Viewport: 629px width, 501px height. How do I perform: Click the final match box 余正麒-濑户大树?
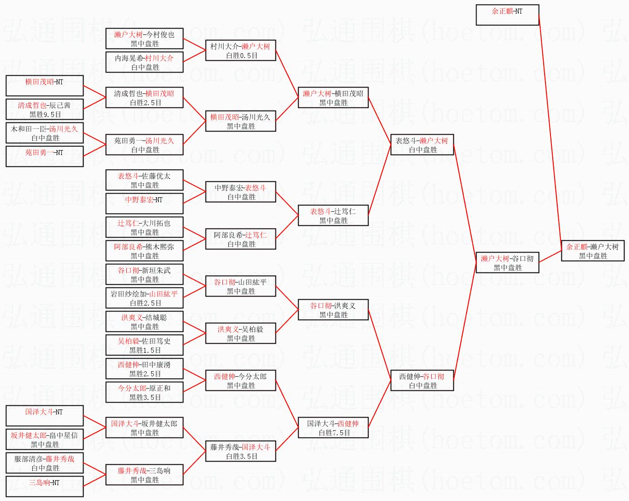[x=593, y=251]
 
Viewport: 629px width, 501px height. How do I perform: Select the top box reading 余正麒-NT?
[x=507, y=15]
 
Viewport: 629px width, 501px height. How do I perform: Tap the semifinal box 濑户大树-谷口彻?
[x=507, y=263]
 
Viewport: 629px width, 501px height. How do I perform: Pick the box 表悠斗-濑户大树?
[x=422, y=145]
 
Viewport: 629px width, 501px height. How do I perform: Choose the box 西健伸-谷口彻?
[x=422, y=380]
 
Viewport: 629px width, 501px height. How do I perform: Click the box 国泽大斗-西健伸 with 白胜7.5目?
[x=333, y=428]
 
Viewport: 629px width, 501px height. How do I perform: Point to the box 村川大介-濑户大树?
[x=241, y=50]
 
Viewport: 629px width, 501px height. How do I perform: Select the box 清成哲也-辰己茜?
[x=45, y=109]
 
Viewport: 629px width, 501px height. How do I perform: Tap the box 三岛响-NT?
[x=45, y=486]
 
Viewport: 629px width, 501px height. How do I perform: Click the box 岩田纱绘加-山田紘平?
[x=144, y=298]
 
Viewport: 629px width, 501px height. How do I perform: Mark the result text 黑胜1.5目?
[x=145, y=350]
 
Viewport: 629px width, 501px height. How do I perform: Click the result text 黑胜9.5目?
[x=45, y=114]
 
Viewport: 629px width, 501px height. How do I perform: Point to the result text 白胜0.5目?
[x=242, y=55]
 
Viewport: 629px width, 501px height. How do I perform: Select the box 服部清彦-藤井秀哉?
[x=45, y=463]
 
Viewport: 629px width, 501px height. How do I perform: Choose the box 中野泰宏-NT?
[x=144, y=204]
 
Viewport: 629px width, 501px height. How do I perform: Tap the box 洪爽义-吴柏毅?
[x=241, y=333]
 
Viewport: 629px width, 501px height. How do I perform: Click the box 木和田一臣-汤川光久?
[x=45, y=133]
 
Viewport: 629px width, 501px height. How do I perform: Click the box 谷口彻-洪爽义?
[x=333, y=310]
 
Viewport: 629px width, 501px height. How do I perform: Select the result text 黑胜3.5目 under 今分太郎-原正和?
[x=145, y=397]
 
